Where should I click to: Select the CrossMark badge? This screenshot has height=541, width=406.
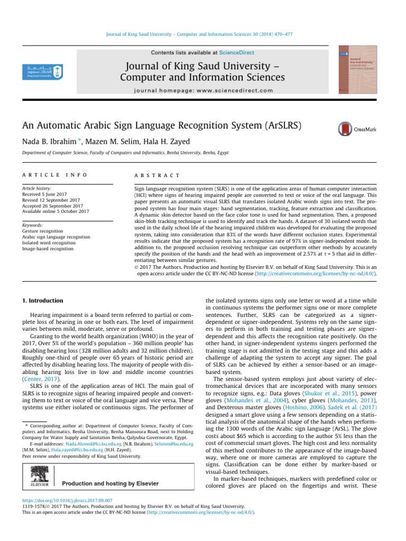pos(356,129)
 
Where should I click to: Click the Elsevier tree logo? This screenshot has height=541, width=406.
pos(38,478)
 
